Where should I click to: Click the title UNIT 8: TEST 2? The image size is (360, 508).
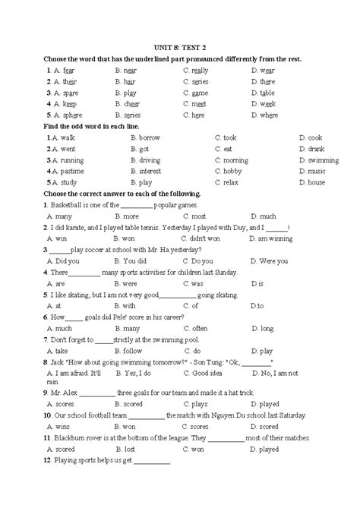tap(181, 46)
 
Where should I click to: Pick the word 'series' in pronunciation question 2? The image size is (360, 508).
tap(200, 81)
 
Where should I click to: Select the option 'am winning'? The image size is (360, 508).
tap(275, 238)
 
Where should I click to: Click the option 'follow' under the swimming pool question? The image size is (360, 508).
tap(133, 351)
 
